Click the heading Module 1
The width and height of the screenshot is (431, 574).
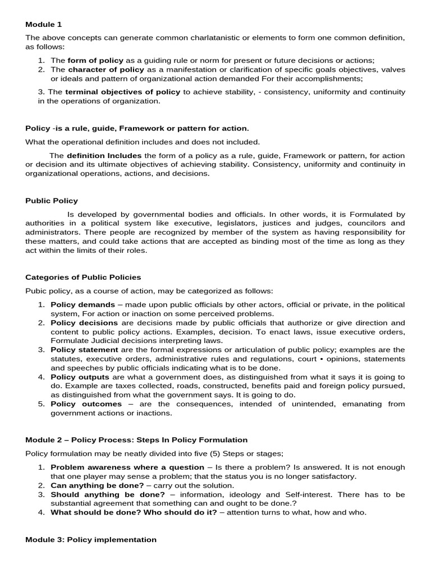click(x=44, y=25)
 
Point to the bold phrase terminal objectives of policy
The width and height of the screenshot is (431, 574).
click(x=123, y=92)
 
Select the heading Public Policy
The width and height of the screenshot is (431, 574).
click(x=52, y=201)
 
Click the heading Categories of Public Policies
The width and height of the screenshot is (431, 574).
click(x=83, y=277)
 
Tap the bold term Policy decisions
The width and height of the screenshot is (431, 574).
click(x=84, y=323)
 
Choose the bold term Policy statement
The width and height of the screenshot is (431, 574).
click(x=85, y=350)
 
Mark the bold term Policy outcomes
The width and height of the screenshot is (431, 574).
click(x=86, y=404)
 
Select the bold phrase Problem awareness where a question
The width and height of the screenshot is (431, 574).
click(x=127, y=467)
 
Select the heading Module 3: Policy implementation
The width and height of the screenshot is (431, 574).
click(x=91, y=540)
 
